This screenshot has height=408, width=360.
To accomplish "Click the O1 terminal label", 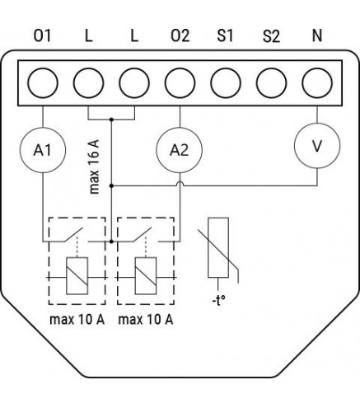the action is point(42,35).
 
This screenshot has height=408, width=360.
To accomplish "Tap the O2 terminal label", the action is point(180,35).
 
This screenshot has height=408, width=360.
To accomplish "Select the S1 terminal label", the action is point(225,35).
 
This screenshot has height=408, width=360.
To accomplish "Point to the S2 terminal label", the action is point(271,35).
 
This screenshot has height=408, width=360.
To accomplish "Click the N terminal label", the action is point(317,35).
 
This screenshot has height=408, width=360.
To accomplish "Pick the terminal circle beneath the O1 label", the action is point(43,83).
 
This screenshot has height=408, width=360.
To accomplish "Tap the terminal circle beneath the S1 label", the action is point(226,83).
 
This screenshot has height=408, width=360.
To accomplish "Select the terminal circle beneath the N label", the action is point(317,83).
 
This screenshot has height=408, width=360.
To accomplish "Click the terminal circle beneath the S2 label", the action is point(271,83).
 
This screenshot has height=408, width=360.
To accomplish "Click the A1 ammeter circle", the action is point(43,150).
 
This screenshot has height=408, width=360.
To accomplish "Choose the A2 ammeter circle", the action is point(180,150).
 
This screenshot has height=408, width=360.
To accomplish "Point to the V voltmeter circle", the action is point(317,146).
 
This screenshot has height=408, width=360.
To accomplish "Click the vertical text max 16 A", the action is point(94,166).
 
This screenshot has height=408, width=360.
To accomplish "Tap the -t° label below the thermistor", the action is point(219,301).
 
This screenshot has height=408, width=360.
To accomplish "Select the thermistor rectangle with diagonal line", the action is point(218,247).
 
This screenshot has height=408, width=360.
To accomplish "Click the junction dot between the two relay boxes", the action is point(111,242).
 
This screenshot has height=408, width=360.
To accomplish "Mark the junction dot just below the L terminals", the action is point(111,120).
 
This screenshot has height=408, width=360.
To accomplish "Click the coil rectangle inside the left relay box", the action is point(77,276).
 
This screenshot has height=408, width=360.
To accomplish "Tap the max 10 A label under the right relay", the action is point(146,320).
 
